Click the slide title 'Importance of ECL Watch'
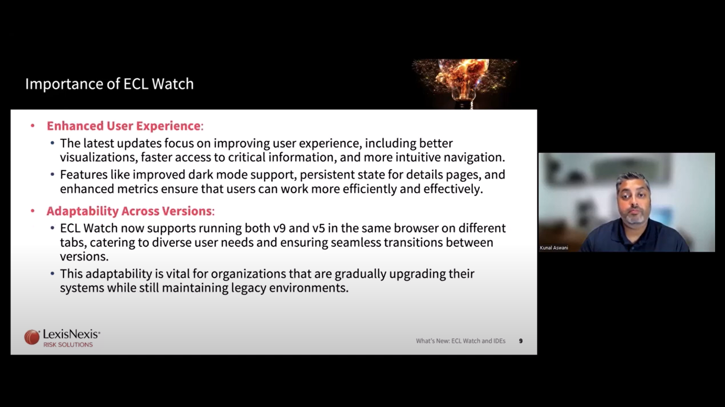109,84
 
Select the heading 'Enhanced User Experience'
123,126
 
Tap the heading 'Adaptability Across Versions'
129,211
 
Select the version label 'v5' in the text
318,228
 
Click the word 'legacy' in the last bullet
249,288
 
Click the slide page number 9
521,341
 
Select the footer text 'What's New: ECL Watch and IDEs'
461,341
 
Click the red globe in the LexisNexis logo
32,337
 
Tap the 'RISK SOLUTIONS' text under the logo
68,345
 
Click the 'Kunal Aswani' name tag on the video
554,248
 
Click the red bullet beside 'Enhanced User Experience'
33,126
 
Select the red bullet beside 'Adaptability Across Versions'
33,211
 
